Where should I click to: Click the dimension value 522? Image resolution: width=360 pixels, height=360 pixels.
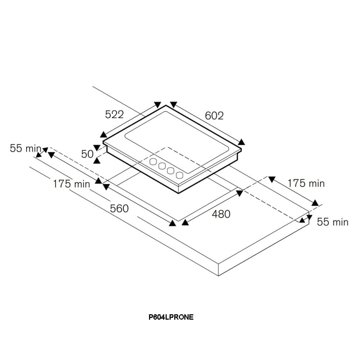pyautogui.click(x=114, y=114)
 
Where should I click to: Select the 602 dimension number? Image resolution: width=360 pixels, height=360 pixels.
pyautogui.click(x=214, y=116)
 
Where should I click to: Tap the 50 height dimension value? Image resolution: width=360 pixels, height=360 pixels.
pyautogui.click(x=87, y=154)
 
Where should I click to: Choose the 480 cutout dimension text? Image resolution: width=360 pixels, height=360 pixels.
pyautogui.click(x=221, y=214)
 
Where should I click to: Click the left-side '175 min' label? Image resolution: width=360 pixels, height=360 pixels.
pyautogui.click(x=71, y=184)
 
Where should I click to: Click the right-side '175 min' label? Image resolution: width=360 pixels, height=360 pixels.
pyautogui.click(x=306, y=183)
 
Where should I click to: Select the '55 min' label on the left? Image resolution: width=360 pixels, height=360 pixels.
pyautogui.click(x=26, y=148)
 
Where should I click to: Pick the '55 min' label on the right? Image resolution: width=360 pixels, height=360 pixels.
pyautogui.click(x=332, y=222)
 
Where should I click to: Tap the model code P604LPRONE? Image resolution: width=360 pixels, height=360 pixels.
pyautogui.click(x=171, y=317)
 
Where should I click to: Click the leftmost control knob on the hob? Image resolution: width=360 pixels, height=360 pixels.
pyautogui.click(x=154, y=161)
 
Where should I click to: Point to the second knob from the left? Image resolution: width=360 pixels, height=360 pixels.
pyautogui.click(x=162, y=166)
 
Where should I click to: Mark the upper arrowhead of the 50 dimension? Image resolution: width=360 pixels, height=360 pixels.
pyautogui.click(x=96, y=147)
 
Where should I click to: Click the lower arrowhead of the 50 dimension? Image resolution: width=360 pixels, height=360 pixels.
pyautogui.click(x=96, y=161)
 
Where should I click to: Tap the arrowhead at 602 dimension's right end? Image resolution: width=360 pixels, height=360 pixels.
pyautogui.click(x=241, y=142)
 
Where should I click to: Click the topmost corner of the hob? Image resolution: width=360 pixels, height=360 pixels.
pyautogui.click(x=166, y=105)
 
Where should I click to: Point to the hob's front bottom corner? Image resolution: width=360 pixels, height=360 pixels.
pyautogui.click(x=179, y=193)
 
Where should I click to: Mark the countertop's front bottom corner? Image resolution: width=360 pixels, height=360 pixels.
pyautogui.click(x=219, y=276)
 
